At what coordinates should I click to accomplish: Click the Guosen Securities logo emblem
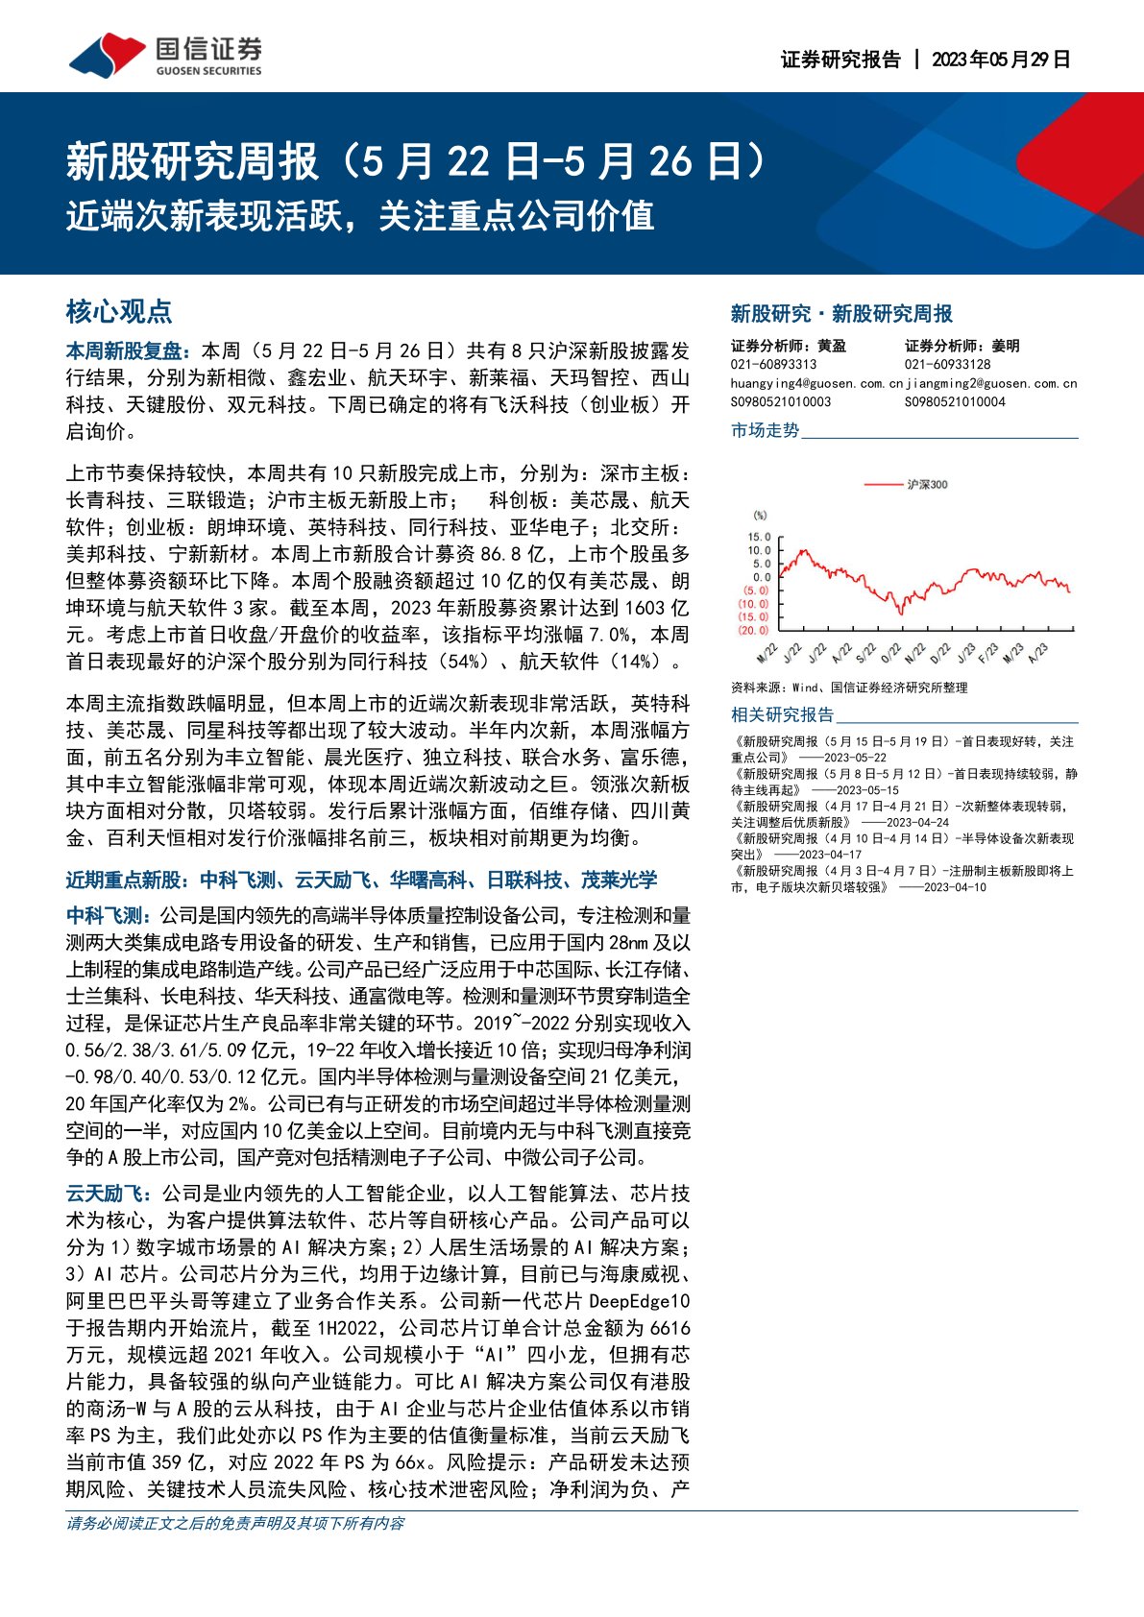(107, 56)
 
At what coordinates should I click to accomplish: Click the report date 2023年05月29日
(1001, 60)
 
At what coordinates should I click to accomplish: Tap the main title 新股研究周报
(192, 161)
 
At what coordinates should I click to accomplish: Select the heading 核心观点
(118, 311)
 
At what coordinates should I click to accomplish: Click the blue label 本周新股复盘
(130, 351)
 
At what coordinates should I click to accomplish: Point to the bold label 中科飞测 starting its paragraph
(105, 916)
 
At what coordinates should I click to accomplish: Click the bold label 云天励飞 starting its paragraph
(105, 1194)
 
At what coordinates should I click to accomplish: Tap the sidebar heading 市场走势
(766, 430)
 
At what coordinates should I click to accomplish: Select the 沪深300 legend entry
(926, 484)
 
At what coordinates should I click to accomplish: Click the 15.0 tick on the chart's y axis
(759, 538)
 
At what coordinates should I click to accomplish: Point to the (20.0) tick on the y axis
(754, 630)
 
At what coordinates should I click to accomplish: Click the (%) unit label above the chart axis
(760, 517)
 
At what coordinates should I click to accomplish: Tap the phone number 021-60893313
(773, 364)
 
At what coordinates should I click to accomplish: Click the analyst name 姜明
(1006, 346)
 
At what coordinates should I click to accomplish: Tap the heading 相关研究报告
(782, 714)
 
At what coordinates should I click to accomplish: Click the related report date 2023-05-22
(855, 758)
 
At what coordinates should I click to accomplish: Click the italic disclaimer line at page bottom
(235, 1523)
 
